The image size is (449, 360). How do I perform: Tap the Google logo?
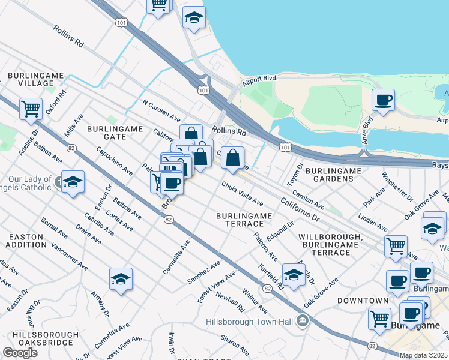click(x=20, y=353)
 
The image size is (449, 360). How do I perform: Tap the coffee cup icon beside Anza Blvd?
click(x=383, y=100)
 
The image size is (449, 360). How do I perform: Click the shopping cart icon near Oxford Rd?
click(x=30, y=109)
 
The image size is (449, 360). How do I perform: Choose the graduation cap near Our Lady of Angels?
click(x=73, y=182)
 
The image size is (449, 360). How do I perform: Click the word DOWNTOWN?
click(x=363, y=300)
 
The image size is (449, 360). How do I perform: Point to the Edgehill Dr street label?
click(x=280, y=231)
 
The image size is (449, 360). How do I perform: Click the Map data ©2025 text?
click(x=424, y=355)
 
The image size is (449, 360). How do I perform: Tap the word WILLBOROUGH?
click(x=330, y=238)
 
